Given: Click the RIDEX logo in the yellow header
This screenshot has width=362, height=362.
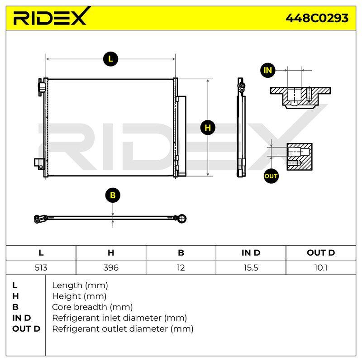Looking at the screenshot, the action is pyautogui.click(x=52, y=16).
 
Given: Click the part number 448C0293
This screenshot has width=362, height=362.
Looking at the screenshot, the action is pyautogui.click(x=317, y=18).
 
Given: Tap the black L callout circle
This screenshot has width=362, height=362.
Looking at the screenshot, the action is pyautogui.click(x=110, y=59).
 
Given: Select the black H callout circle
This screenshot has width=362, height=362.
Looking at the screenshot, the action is pyautogui.click(x=208, y=128).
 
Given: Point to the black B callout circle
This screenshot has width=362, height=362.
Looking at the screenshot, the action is pyautogui.click(x=113, y=195).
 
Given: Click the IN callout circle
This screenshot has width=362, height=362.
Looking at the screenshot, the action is pyautogui.click(x=268, y=70).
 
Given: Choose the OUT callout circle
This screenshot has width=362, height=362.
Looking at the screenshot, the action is pyautogui.click(x=271, y=176).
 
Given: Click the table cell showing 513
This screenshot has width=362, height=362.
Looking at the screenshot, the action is pyautogui.click(x=41, y=267).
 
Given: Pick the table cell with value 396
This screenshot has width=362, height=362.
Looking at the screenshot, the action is pyautogui.click(x=111, y=267).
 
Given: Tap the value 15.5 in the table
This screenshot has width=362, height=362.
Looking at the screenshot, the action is pyautogui.click(x=251, y=267).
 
